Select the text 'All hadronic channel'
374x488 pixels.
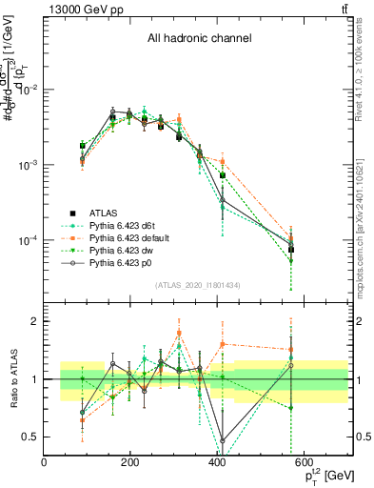(x=199, y=39)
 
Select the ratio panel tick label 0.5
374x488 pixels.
(x=31, y=437)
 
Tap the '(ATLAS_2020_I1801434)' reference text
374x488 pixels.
(x=198, y=285)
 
